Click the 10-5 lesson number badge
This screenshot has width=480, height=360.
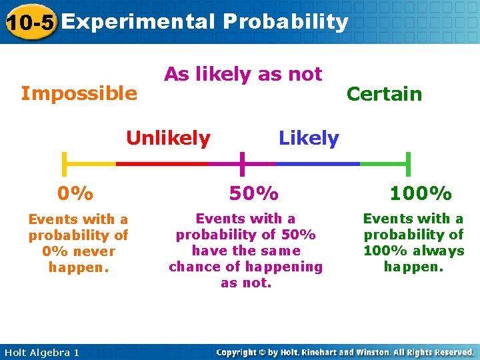30,23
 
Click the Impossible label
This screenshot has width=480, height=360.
79,93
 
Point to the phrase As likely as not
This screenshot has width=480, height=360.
243,74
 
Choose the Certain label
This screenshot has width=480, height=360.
384,94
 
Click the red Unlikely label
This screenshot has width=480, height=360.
168,139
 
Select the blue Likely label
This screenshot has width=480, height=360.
309,139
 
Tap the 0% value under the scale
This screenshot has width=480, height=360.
75,193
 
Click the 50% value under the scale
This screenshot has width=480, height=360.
253,193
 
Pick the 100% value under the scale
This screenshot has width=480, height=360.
421,193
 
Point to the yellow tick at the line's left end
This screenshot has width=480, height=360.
64,163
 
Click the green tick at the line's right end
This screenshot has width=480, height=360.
408,163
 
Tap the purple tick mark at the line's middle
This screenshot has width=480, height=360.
242,163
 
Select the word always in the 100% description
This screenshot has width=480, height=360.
439,251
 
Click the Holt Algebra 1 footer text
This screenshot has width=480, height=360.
41,352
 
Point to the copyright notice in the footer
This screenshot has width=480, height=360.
345,352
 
